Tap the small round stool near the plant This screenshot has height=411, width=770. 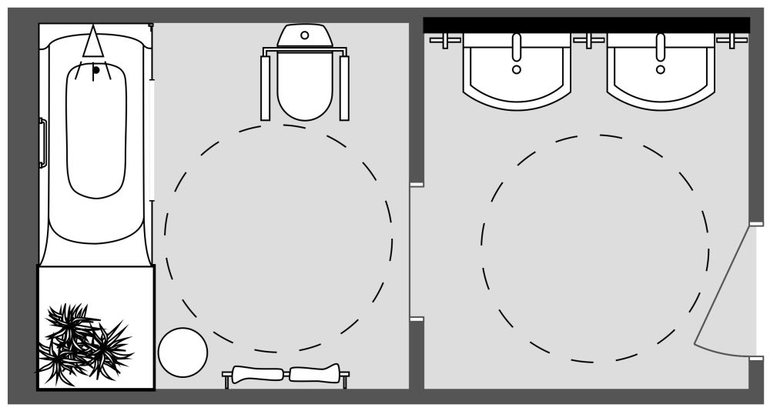tap(182, 353)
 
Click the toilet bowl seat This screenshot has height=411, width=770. tap(305, 85)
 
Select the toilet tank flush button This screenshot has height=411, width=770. tap(305, 35)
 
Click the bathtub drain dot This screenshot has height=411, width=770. tap(96, 71)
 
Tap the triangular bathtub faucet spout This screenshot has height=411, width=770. tap(94, 42)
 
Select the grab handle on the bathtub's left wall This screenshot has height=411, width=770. tap(43, 143)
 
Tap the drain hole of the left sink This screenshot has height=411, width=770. tap(517, 69)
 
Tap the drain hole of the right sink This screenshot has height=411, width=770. tap(661, 69)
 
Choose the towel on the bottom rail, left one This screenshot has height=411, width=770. tap(258, 375)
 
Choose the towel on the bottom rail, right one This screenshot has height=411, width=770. tap(314, 374)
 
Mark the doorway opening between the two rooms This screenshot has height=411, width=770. tap(417, 252)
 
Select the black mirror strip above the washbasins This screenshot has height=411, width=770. tap(586, 25)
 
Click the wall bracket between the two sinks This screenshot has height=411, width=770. tap(589, 39)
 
